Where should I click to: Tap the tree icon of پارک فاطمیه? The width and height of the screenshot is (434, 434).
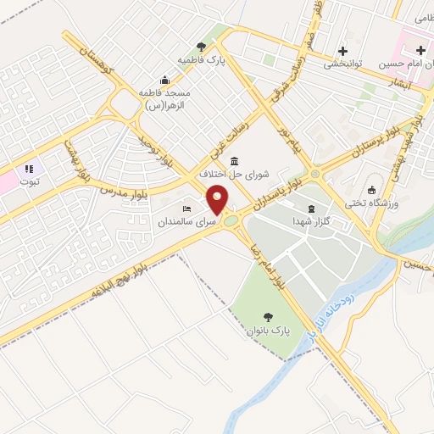point(201,47)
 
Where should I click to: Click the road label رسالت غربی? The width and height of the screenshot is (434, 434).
point(223,141)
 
